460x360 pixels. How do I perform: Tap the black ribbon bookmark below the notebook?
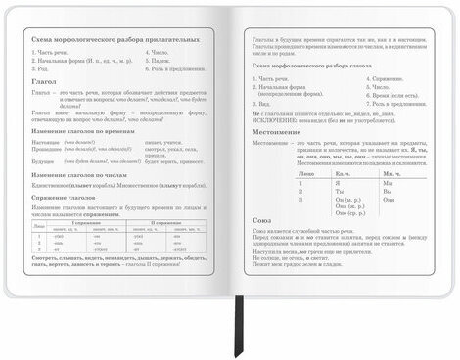click(238, 337)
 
